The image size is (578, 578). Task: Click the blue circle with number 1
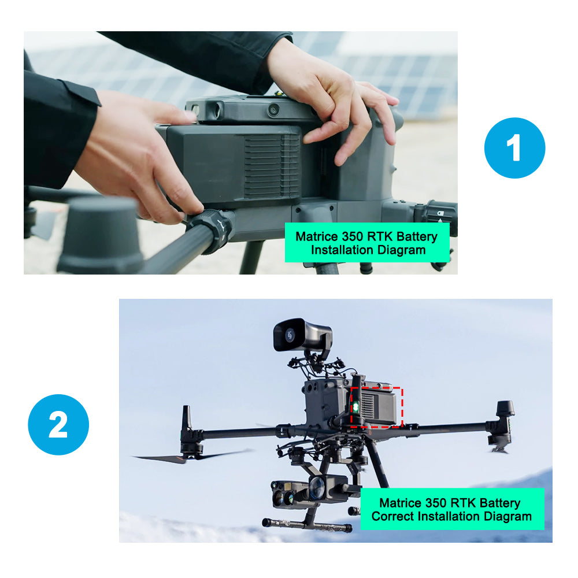point(514,148)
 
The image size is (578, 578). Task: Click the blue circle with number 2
point(58,425)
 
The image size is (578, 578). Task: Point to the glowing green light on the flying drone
point(355,407)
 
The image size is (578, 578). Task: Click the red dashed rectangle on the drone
point(402,407)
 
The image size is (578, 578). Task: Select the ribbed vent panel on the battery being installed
point(272,166)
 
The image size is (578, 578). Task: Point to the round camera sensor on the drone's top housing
point(273,109)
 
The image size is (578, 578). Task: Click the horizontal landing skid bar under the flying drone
point(307,525)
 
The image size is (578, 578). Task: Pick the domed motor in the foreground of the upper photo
point(100,236)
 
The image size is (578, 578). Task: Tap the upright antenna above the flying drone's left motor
point(187,419)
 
